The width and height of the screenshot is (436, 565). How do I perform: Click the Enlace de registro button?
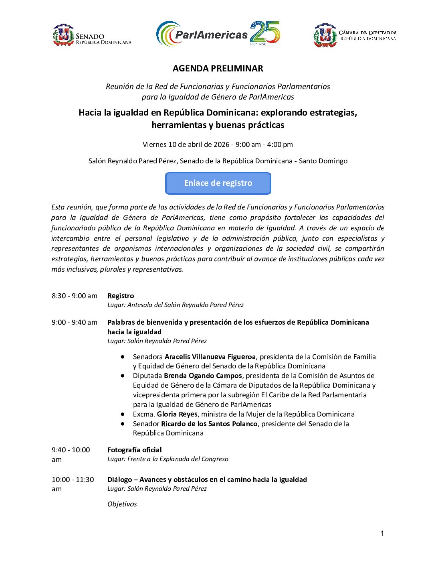pos(218,183)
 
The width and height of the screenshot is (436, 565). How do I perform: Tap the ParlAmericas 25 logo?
pos(218,34)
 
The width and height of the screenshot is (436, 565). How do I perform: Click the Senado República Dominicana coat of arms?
pos(63,35)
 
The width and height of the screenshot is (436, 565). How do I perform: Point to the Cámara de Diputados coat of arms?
pos(325,36)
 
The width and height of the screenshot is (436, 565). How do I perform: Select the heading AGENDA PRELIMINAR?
pos(218,69)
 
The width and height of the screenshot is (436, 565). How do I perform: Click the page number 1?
pos(382,533)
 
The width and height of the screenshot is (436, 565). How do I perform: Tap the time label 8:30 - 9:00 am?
pos(75,296)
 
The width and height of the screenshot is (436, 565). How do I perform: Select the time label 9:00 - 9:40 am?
pos(75,322)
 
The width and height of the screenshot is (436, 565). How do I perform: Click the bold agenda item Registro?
pos(121,296)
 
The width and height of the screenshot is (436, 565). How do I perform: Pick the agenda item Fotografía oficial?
pos(135,450)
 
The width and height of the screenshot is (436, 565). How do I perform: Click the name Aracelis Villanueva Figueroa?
pos(210,357)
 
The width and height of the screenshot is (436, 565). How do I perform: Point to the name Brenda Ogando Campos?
pos(203,376)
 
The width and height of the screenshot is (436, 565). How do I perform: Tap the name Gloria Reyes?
pos(177,414)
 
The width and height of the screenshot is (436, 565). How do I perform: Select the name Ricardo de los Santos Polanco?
pos(210,424)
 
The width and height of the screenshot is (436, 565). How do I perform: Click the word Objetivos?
pos(122,504)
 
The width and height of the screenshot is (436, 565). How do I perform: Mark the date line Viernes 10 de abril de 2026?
pos(186,144)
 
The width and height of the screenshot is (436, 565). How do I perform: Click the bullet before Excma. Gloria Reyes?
pos(123,414)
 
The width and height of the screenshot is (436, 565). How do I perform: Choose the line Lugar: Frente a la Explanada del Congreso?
pos(168,459)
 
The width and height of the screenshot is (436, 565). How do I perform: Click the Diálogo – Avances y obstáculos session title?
pos(207,480)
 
